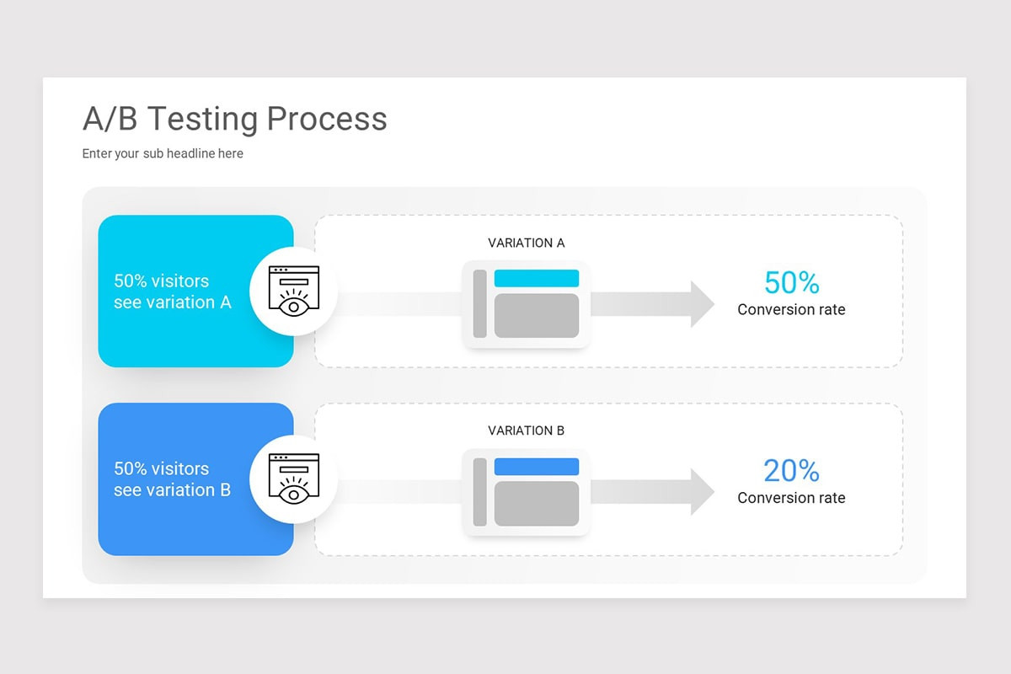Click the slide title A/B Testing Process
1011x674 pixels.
coord(234,119)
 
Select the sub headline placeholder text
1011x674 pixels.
coord(163,153)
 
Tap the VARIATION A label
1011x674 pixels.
coord(526,243)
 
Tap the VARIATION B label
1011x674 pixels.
coord(526,431)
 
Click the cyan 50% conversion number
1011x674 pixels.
coord(791,282)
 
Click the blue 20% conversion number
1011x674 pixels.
coord(791,470)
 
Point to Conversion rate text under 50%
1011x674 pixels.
coord(791,310)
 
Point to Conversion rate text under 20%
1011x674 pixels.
coord(791,498)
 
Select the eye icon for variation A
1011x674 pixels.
coord(293,292)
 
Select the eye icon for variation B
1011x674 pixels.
coord(293,479)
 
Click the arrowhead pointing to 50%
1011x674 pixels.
coord(702,304)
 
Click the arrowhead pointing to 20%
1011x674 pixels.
coord(702,492)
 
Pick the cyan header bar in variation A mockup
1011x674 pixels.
coord(536,279)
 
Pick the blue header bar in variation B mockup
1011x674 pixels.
coord(536,467)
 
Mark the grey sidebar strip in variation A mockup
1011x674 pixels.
coord(480,304)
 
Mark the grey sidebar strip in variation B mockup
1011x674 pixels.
coord(480,492)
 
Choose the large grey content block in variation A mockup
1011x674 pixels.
coord(536,316)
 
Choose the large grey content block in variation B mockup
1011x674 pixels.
coord(536,504)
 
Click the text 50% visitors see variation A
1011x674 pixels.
coord(172,292)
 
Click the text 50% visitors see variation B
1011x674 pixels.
coord(172,479)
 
